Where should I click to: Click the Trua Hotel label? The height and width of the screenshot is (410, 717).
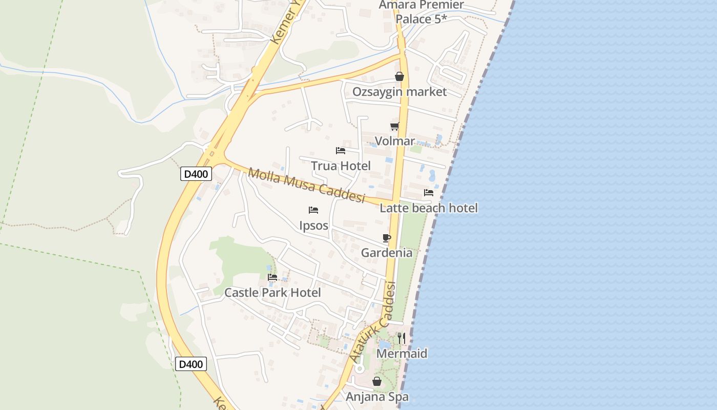341,166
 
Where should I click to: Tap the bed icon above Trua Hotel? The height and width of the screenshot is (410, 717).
341,151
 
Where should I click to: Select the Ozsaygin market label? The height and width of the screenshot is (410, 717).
399,92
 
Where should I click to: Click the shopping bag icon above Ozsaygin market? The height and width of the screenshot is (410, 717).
399,77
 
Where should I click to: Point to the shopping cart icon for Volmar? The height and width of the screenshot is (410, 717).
394,126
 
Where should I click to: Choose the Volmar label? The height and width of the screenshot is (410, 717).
394,141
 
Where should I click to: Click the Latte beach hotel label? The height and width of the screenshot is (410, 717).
429,208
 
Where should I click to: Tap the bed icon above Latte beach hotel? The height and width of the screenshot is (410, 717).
429,193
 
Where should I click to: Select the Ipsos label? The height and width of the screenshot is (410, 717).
313,225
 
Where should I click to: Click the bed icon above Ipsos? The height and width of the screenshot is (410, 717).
313,210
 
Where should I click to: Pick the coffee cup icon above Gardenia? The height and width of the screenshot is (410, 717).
387,238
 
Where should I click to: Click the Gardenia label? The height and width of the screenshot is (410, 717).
387,253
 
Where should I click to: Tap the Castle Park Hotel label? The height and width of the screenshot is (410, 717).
272,293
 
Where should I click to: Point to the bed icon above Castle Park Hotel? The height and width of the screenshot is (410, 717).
272,277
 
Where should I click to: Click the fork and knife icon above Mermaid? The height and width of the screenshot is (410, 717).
402,338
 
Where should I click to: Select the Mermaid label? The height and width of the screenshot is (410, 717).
402,354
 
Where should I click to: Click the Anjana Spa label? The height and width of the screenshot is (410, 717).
377,397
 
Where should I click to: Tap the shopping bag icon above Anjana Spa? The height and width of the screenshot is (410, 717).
377,381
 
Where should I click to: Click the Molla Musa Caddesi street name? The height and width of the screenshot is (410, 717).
306,185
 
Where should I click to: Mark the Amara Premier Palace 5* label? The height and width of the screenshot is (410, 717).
421,12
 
